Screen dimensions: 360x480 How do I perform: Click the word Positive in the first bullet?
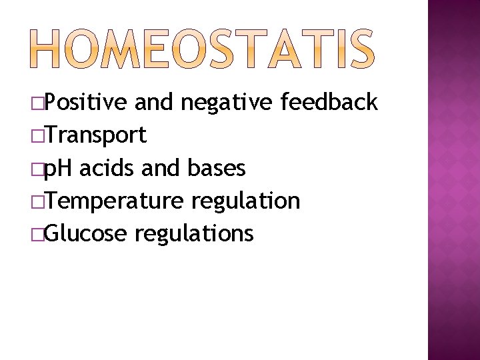coord(87,103)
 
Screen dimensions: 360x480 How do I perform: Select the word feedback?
coord(329,102)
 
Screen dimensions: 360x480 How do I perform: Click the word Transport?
coord(97,135)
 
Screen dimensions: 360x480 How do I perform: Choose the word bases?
coord(217,168)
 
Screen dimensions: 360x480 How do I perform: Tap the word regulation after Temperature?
coord(245,201)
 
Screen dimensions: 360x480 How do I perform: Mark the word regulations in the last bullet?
coord(194,233)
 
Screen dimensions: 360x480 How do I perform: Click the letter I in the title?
coord(339,49)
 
